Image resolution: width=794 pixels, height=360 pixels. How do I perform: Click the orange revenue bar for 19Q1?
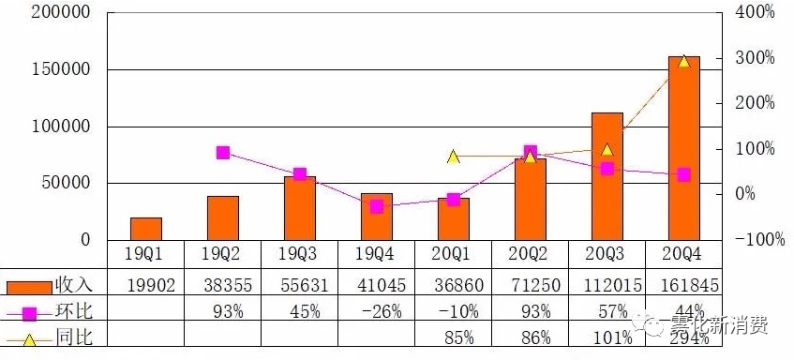click(x=146, y=229)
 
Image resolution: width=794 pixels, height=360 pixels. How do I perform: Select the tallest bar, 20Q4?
click(x=683, y=150)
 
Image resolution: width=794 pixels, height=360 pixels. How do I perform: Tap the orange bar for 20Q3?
click(x=607, y=178)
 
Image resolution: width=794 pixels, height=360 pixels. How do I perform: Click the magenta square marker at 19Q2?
click(x=223, y=153)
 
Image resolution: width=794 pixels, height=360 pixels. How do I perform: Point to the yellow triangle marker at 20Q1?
click(x=453, y=157)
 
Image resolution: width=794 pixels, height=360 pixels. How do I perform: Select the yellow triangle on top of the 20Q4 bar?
click(x=683, y=61)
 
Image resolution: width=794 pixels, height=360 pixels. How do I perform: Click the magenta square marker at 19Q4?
click(x=376, y=206)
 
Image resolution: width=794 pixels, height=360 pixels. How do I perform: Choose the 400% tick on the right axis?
click(x=754, y=13)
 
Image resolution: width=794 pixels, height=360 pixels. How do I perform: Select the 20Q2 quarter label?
click(x=531, y=254)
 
